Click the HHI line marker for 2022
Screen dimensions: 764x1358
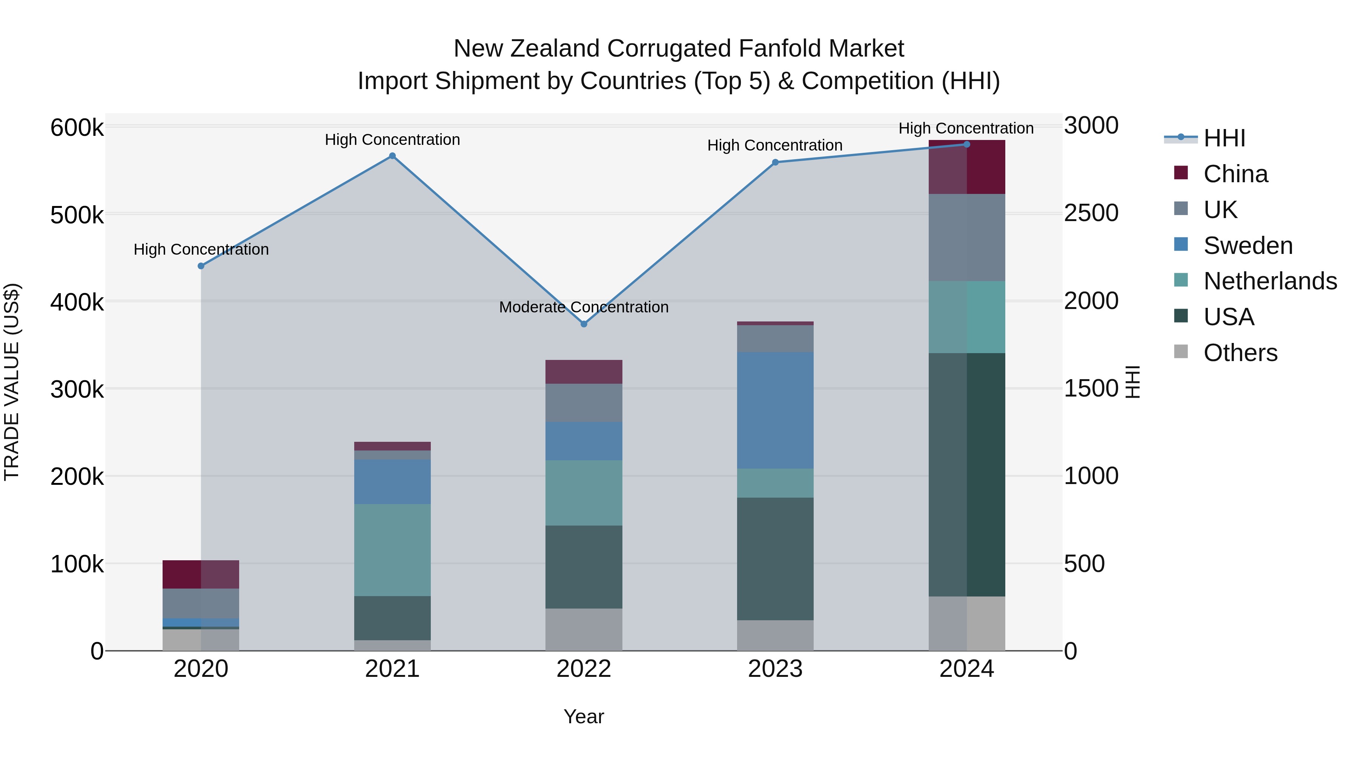tap(584, 324)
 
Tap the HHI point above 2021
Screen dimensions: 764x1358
tap(392, 156)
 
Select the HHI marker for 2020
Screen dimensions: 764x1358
tap(201, 266)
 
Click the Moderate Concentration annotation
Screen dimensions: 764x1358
tap(584, 307)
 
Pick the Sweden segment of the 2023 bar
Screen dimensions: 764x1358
tap(775, 410)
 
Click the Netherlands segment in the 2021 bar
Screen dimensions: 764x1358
tap(392, 550)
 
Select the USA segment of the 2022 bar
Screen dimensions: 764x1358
tap(584, 567)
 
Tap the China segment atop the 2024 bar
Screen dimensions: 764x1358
tap(967, 168)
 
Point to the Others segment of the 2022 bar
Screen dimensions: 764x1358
tap(584, 630)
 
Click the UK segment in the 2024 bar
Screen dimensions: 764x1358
tap(967, 237)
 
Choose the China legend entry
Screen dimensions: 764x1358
tap(1235, 174)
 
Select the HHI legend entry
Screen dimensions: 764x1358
tap(1224, 138)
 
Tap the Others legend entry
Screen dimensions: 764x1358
tap(1240, 353)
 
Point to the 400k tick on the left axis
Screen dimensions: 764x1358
tap(77, 302)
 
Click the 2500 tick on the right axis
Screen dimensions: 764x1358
tap(1091, 213)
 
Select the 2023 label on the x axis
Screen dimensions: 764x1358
tap(775, 669)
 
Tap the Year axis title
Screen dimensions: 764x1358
tap(584, 716)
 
